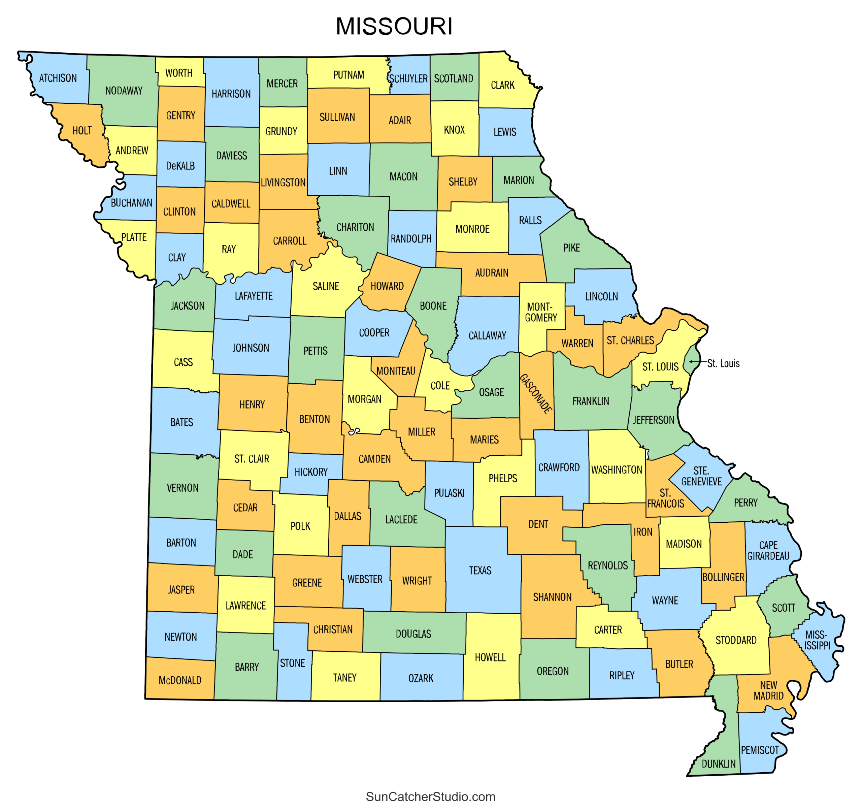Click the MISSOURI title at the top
(x=394, y=27)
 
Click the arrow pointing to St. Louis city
(x=698, y=361)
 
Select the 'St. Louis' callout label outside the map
(x=723, y=363)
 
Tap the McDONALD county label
(x=180, y=680)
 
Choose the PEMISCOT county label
(x=760, y=750)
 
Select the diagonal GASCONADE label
(x=536, y=393)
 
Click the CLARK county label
(x=502, y=85)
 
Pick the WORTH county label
(x=179, y=73)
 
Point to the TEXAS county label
(x=480, y=570)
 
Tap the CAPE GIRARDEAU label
(x=768, y=550)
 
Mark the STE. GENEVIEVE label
(x=701, y=476)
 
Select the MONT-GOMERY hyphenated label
(x=541, y=312)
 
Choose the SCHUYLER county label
(x=408, y=78)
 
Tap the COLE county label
(x=440, y=386)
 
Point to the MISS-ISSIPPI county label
(x=817, y=640)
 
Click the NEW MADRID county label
(x=768, y=690)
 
